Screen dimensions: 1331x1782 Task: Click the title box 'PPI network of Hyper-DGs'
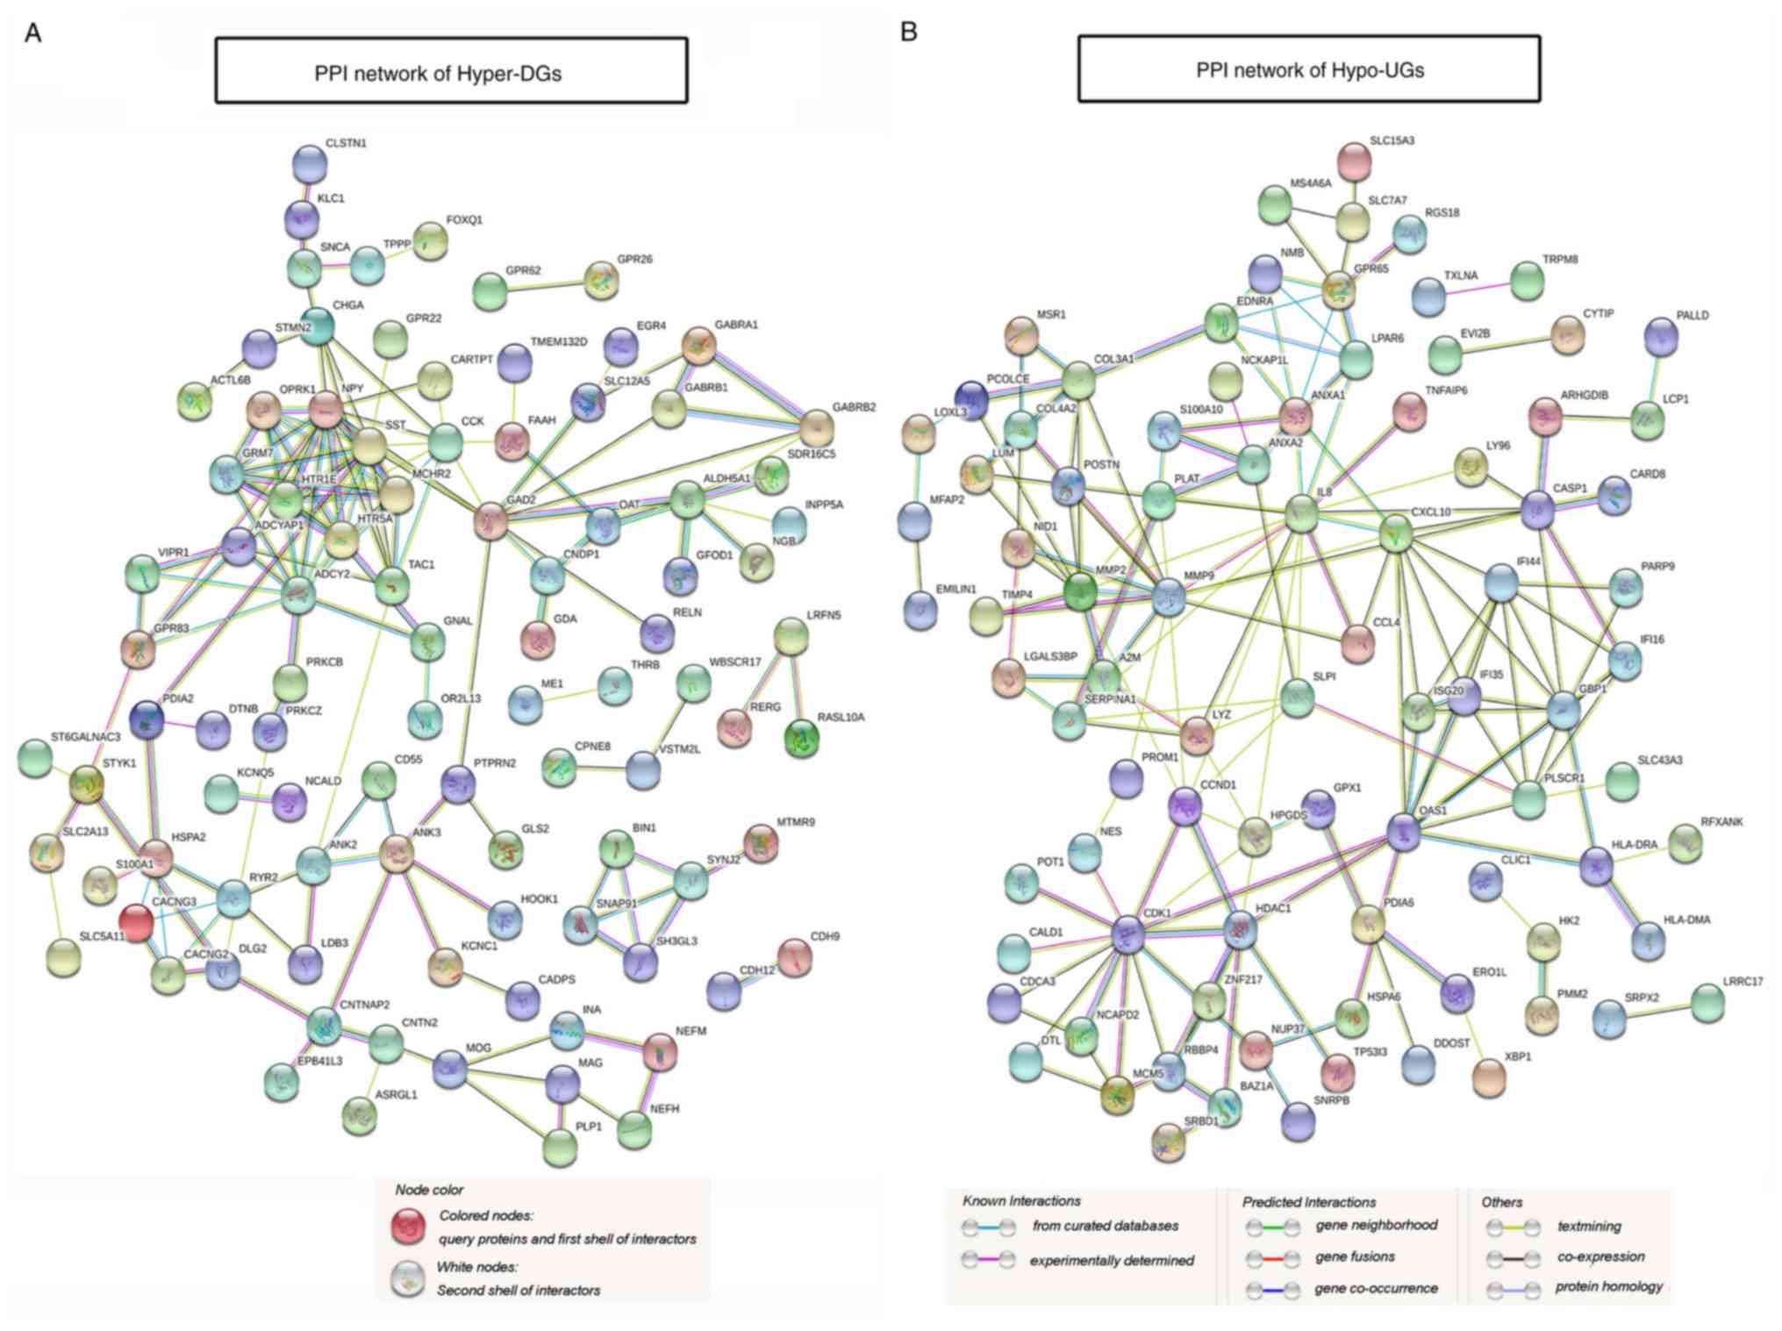[451, 71]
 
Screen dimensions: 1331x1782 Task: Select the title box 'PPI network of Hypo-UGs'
[1308, 69]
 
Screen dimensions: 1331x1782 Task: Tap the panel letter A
[33, 34]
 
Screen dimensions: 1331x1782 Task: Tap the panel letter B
[909, 32]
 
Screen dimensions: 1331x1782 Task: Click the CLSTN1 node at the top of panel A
[310, 163]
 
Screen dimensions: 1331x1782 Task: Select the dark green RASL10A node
[802, 738]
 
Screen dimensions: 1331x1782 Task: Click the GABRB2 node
[818, 427]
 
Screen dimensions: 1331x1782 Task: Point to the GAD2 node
[490, 521]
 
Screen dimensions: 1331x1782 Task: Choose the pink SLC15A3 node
[1354, 161]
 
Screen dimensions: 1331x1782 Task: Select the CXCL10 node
[1396, 533]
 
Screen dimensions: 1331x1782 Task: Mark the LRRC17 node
[1707, 1004]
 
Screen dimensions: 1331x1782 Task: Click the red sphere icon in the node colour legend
[407, 1227]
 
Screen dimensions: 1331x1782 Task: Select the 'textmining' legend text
[1589, 1227]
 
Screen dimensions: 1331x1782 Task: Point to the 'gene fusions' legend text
[1355, 1256]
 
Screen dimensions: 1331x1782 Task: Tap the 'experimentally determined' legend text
[1112, 1261]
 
